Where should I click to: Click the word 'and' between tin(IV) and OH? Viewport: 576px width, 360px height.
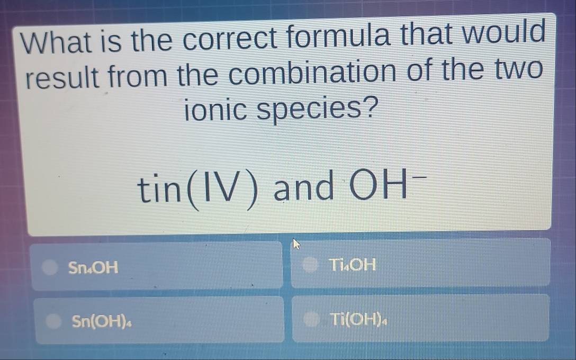(x=304, y=187)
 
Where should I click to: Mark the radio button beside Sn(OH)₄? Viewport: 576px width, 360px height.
(x=53, y=321)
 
